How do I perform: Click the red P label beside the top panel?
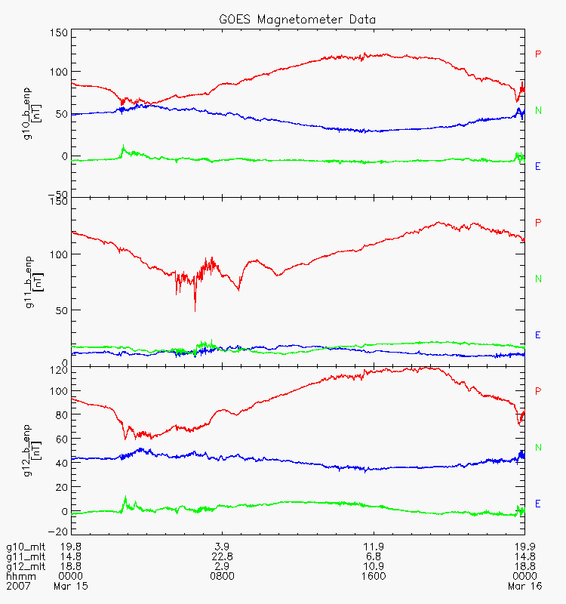click(x=538, y=54)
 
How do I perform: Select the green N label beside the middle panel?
click(x=538, y=279)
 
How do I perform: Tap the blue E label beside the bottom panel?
click(x=538, y=504)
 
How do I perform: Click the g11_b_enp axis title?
click(x=27, y=274)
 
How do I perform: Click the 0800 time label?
click(x=222, y=576)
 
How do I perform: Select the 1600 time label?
click(x=374, y=576)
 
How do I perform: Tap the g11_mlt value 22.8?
click(x=222, y=556)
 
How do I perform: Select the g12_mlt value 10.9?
click(x=374, y=566)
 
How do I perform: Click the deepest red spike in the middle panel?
click(x=195, y=310)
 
